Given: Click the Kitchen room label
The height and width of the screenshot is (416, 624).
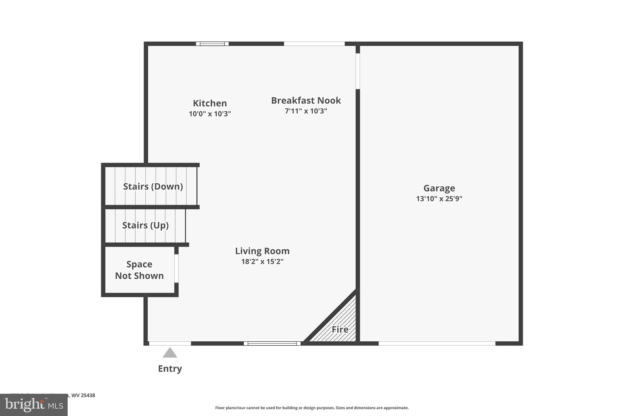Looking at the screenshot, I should point(210,103).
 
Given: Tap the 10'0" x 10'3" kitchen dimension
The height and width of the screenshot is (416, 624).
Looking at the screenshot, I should point(210,114).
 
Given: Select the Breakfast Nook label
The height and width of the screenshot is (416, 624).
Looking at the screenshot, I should point(306,100).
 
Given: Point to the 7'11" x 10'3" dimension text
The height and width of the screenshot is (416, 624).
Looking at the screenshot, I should point(306,111).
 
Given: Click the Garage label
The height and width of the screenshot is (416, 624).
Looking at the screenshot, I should point(439,188).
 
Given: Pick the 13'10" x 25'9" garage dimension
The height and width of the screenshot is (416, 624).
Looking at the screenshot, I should point(439,199).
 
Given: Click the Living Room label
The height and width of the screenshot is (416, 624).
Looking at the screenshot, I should point(262,251).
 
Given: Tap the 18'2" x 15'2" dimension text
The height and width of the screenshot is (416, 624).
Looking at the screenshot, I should point(262,261).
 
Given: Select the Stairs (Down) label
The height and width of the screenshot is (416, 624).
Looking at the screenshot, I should point(153,186).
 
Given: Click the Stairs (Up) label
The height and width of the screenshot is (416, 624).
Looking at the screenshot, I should point(145,225).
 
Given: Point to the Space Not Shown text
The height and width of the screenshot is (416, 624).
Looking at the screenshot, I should point(139,270).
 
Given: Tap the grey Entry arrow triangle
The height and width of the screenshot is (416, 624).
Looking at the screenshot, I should point(170,353).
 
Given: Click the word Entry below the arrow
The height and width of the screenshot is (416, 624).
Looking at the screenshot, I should point(170,368).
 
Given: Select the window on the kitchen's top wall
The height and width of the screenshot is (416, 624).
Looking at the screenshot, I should point(212,44).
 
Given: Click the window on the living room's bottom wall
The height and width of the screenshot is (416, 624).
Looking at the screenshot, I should point(272,343).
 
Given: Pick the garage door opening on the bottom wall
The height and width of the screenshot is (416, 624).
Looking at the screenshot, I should point(437,343).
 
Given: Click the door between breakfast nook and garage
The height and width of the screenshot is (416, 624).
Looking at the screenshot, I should point(358,71).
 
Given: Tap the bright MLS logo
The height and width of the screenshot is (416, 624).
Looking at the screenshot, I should point(34,405).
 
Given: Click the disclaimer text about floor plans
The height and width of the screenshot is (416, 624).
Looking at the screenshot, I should point(312,408).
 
